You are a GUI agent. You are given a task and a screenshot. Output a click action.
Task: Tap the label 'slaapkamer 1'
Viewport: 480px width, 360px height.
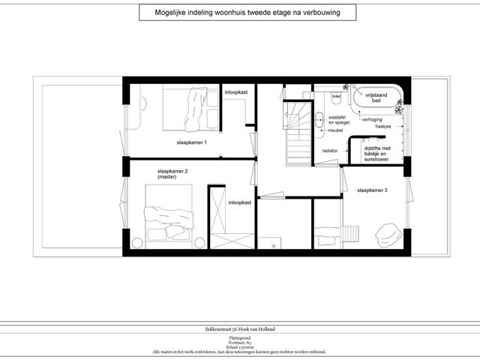point(191,142)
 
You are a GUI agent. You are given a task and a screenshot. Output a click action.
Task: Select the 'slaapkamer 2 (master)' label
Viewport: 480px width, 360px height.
point(172,174)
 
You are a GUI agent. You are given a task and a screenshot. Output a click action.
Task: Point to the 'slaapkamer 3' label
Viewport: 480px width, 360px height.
point(372,190)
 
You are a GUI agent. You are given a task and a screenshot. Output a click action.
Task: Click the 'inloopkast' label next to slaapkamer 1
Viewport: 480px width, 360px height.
point(236,92)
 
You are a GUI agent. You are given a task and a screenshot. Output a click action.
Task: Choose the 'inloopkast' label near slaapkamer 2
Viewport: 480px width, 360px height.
point(240,202)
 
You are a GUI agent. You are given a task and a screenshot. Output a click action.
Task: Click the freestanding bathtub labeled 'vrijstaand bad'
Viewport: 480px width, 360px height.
point(375,99)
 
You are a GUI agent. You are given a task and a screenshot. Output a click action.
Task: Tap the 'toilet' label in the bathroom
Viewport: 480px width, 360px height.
point(337,96)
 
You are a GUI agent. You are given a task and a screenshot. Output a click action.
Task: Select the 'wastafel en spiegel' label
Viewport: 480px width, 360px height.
point(337,120)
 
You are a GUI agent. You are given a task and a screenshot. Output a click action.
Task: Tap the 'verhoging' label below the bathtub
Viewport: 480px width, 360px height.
point(371,119)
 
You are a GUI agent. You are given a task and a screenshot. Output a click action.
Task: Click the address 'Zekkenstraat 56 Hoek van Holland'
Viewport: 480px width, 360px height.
point(240,329)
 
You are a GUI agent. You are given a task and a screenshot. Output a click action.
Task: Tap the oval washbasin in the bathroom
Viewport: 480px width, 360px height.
point(319,118)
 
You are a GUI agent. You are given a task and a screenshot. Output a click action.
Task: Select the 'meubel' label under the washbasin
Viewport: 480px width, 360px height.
point(335,130)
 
